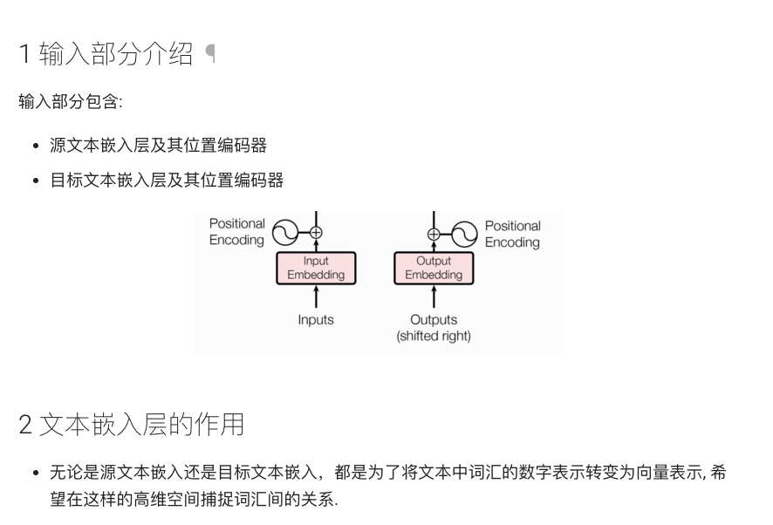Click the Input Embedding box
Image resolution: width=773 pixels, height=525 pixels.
(x=316, y=268)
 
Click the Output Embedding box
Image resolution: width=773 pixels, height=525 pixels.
(x=434, y=268)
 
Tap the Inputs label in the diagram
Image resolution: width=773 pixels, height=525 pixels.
(x=316, y=320)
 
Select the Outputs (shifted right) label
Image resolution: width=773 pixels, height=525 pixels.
(x=434, y=328)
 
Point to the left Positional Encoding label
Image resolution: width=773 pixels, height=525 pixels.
(x=236, y=232)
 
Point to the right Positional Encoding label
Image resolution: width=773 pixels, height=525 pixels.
(x=512, y=234)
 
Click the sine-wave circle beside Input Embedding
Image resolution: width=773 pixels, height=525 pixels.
(x=286, y=232)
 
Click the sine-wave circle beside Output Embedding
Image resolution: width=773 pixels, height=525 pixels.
(x=464, y=233)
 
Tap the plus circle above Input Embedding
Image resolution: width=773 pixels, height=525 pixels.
(x=316, y=232)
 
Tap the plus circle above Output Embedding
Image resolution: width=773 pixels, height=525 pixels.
(x=434, y=233)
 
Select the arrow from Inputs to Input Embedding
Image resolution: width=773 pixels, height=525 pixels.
(x=316, y=297)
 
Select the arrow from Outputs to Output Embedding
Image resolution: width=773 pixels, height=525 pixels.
(x=434, y=297)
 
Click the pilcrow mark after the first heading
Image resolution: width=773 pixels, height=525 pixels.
(x=209, y=55)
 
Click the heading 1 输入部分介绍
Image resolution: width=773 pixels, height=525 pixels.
(x=106, y=55)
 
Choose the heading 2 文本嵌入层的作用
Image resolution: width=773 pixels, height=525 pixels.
(x=131, y=425)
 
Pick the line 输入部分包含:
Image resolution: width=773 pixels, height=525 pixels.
(x=71, y=102)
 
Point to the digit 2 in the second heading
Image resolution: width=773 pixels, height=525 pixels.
(x=25, y=426)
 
